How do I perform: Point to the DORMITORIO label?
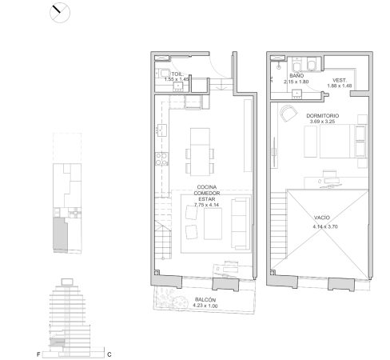point(322,116)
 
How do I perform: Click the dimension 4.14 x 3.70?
point(325,226)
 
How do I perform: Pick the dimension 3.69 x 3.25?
point(322,122)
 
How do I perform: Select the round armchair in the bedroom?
point(287,114)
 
